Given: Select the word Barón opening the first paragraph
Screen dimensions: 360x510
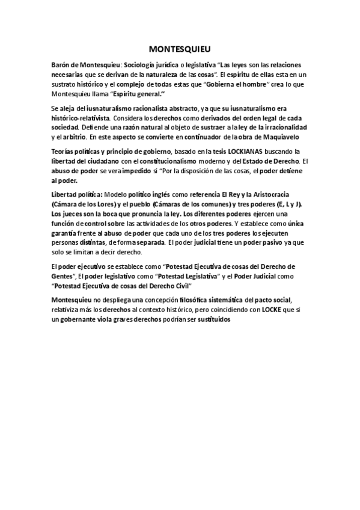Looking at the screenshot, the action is [61, 64].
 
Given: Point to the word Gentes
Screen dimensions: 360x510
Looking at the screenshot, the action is [64, 276].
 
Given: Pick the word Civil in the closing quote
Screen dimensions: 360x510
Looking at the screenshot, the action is [178, 286].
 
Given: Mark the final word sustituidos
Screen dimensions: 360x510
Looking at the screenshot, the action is [213, 318].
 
